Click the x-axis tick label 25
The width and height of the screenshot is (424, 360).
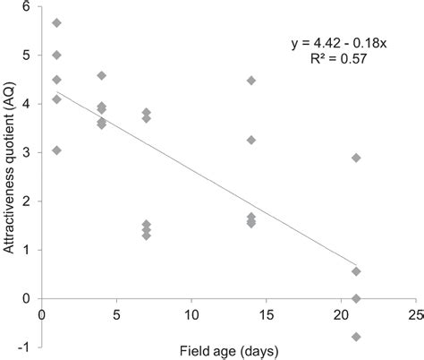414,315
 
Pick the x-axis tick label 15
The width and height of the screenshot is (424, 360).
266,315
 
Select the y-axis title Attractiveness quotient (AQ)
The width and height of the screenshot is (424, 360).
10,170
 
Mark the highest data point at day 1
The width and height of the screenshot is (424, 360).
57,22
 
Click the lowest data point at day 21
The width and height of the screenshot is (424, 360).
356,337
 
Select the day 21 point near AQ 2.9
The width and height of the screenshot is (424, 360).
356,158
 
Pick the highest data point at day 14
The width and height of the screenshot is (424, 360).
251,81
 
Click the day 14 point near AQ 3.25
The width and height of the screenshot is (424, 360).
251,140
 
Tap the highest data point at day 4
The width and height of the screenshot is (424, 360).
102,75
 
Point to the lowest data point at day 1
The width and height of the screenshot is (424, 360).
57,150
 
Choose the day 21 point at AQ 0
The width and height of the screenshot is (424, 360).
356,298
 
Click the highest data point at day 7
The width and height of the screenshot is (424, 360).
147,112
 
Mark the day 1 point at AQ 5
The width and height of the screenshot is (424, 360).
57,55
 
